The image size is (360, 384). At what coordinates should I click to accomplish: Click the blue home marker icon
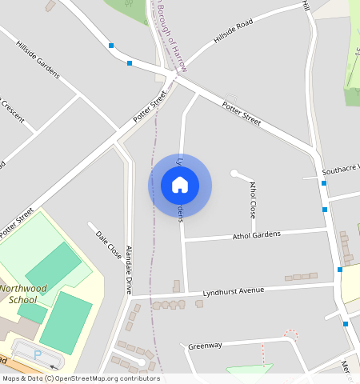point(180,186)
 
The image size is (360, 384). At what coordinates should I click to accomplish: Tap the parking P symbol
point(38,354)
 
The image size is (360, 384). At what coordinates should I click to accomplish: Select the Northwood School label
point(23,294)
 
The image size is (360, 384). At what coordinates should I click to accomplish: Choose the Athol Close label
point(253,200)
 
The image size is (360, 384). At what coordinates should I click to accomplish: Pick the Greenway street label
point(204,346)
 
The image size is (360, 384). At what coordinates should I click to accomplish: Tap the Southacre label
point(340,170)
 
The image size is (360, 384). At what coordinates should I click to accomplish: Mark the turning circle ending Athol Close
point(234,173)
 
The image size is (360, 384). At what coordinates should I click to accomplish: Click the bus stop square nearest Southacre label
point(324,183)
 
